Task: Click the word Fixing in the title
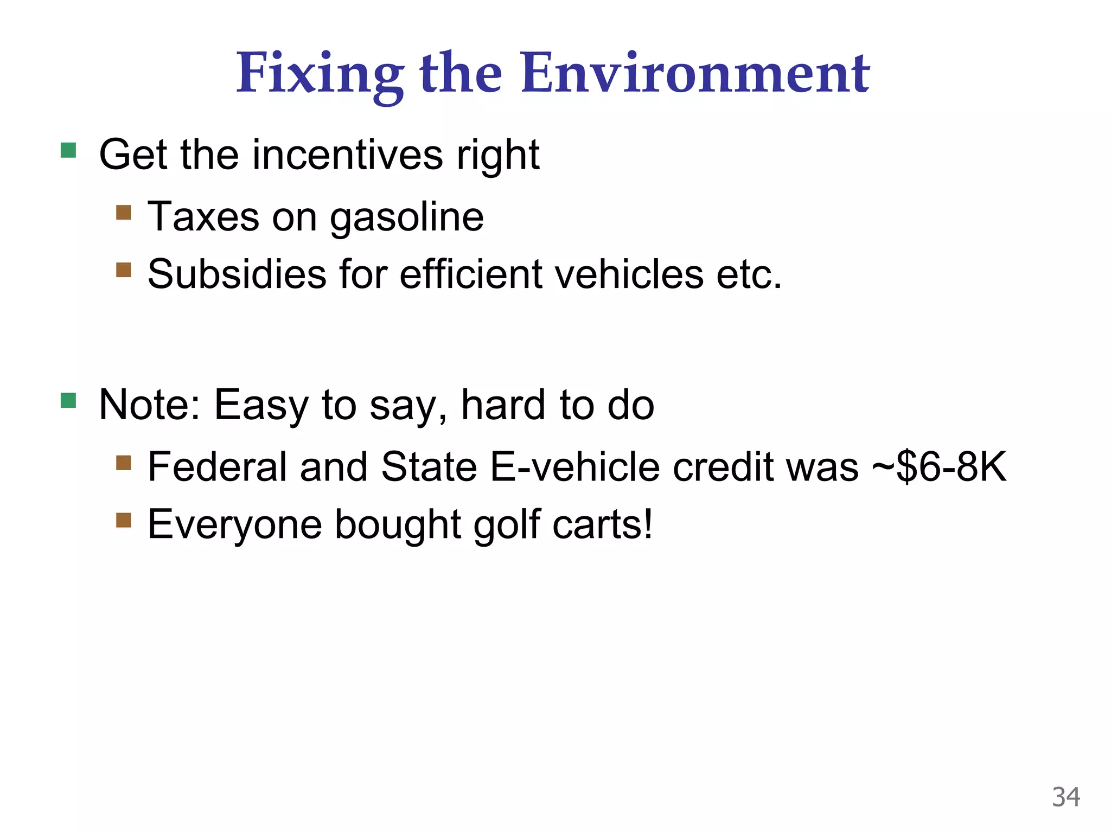click(320, 74)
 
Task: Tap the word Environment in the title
click(695, 73)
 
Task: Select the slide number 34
click(1066, 797)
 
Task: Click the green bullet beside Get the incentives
click(68, 150)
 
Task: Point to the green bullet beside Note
click(68, 401)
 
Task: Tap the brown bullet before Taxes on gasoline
click(124, 212)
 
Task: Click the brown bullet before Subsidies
click(124, 270)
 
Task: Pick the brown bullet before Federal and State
click(124, 463)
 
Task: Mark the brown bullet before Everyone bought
click(124, 520)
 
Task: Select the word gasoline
click(407, 217)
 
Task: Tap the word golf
click(507, 525)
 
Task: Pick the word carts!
click(603, 525)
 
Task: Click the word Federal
click(217, 467)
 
